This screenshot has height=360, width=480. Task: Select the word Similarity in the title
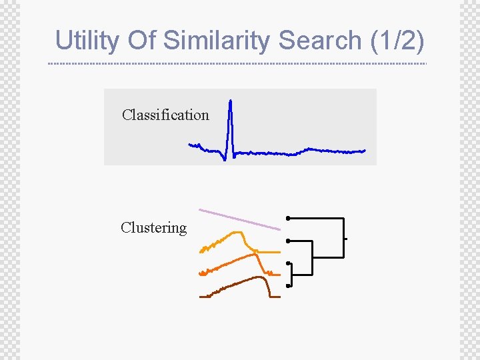217,40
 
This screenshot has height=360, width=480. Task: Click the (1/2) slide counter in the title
396,40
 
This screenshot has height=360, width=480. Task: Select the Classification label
165,115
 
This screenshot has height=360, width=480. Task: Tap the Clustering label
154,227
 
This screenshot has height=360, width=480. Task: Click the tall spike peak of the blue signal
230,102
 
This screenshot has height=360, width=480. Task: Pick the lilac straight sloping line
240,219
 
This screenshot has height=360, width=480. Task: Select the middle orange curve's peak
254,254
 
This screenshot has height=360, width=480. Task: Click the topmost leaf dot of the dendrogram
287,218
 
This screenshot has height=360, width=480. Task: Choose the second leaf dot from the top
287,241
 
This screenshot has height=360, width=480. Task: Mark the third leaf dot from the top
287,263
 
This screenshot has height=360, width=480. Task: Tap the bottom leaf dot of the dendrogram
287,286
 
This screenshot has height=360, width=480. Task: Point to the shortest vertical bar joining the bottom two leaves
293,275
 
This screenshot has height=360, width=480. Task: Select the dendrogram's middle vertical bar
311,257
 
